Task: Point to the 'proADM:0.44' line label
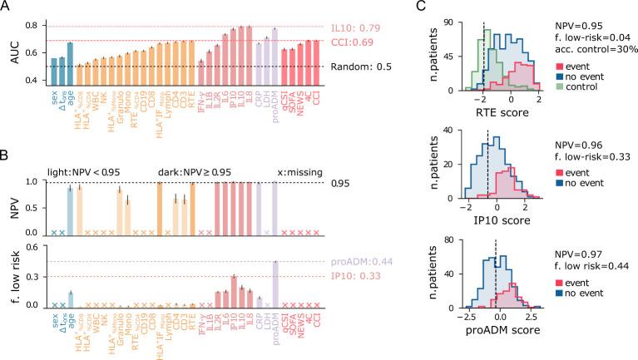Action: [x=353, y=261]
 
